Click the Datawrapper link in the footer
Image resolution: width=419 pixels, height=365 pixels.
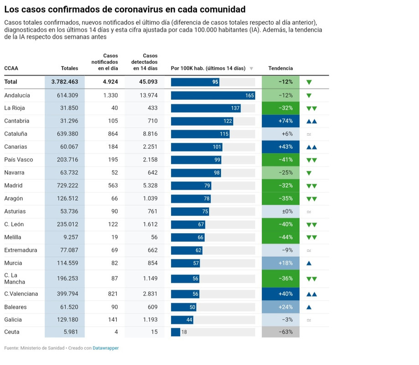[106, 348]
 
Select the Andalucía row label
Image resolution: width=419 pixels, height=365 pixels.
[17, 95]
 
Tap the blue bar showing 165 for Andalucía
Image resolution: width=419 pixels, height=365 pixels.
[213, 95]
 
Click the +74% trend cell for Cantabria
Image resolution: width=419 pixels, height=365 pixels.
[280, 121]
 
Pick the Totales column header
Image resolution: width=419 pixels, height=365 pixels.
[69, 68]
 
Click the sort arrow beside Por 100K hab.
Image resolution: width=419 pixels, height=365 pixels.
[251, 68]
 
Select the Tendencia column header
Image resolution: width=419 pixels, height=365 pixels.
[280, 68]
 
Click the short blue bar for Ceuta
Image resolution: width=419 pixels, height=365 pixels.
[176, 332]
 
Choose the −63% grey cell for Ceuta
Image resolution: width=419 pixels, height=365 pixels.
[280, 332]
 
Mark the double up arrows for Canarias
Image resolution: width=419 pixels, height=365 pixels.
[311, 147]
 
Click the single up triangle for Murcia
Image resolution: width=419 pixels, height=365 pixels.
[309, 263]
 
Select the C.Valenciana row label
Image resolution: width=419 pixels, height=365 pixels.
[21, 294]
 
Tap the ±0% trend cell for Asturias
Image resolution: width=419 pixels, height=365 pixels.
[280, 212]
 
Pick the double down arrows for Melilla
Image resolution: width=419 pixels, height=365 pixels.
[311, 237]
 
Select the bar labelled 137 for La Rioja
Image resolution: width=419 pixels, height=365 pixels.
[206, 108]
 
